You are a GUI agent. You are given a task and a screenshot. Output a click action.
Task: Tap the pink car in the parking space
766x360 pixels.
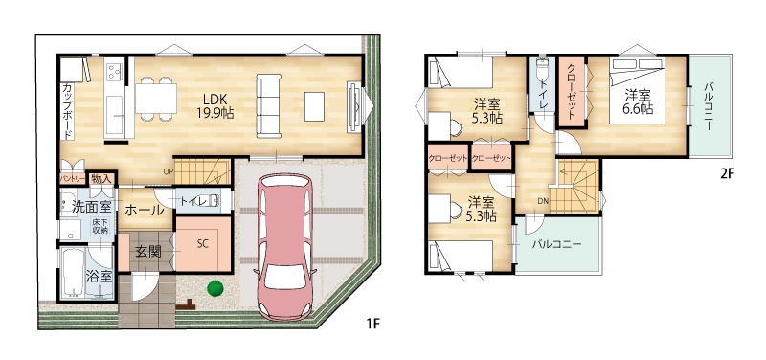tap(284, 248)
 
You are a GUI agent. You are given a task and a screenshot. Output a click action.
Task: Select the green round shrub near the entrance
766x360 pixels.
tap(214, 288)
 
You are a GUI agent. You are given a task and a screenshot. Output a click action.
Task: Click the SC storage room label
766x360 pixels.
tap(203, 244)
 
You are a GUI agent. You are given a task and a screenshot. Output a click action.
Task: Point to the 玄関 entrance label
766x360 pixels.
tap(148, 252)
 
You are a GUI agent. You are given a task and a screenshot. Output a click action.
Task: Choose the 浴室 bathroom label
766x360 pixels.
tap(100, 277)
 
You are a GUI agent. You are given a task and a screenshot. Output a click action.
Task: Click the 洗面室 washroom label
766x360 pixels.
tap(93, 206)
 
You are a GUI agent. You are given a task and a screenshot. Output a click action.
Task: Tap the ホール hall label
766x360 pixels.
tap(145, 211)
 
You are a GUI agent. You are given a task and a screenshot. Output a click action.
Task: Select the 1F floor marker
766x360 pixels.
tap(372, 323)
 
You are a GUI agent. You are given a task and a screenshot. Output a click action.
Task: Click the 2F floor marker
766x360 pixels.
tap(728, 173)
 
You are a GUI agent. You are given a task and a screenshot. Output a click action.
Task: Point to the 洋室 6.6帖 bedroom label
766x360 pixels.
tap(638, 101)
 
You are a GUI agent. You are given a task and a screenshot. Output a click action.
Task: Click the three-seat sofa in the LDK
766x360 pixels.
tap(269, 105)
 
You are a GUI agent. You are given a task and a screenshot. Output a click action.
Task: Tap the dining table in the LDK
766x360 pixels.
tap(156, 99)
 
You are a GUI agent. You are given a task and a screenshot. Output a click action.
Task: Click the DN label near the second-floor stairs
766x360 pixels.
tap(543, 200)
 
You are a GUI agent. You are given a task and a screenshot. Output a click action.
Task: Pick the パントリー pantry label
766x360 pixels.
tap(73, 179)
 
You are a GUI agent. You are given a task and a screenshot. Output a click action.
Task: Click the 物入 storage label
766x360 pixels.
tap(101, 179)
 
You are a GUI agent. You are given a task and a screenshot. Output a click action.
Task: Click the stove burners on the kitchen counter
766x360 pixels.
tap(114, 73)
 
